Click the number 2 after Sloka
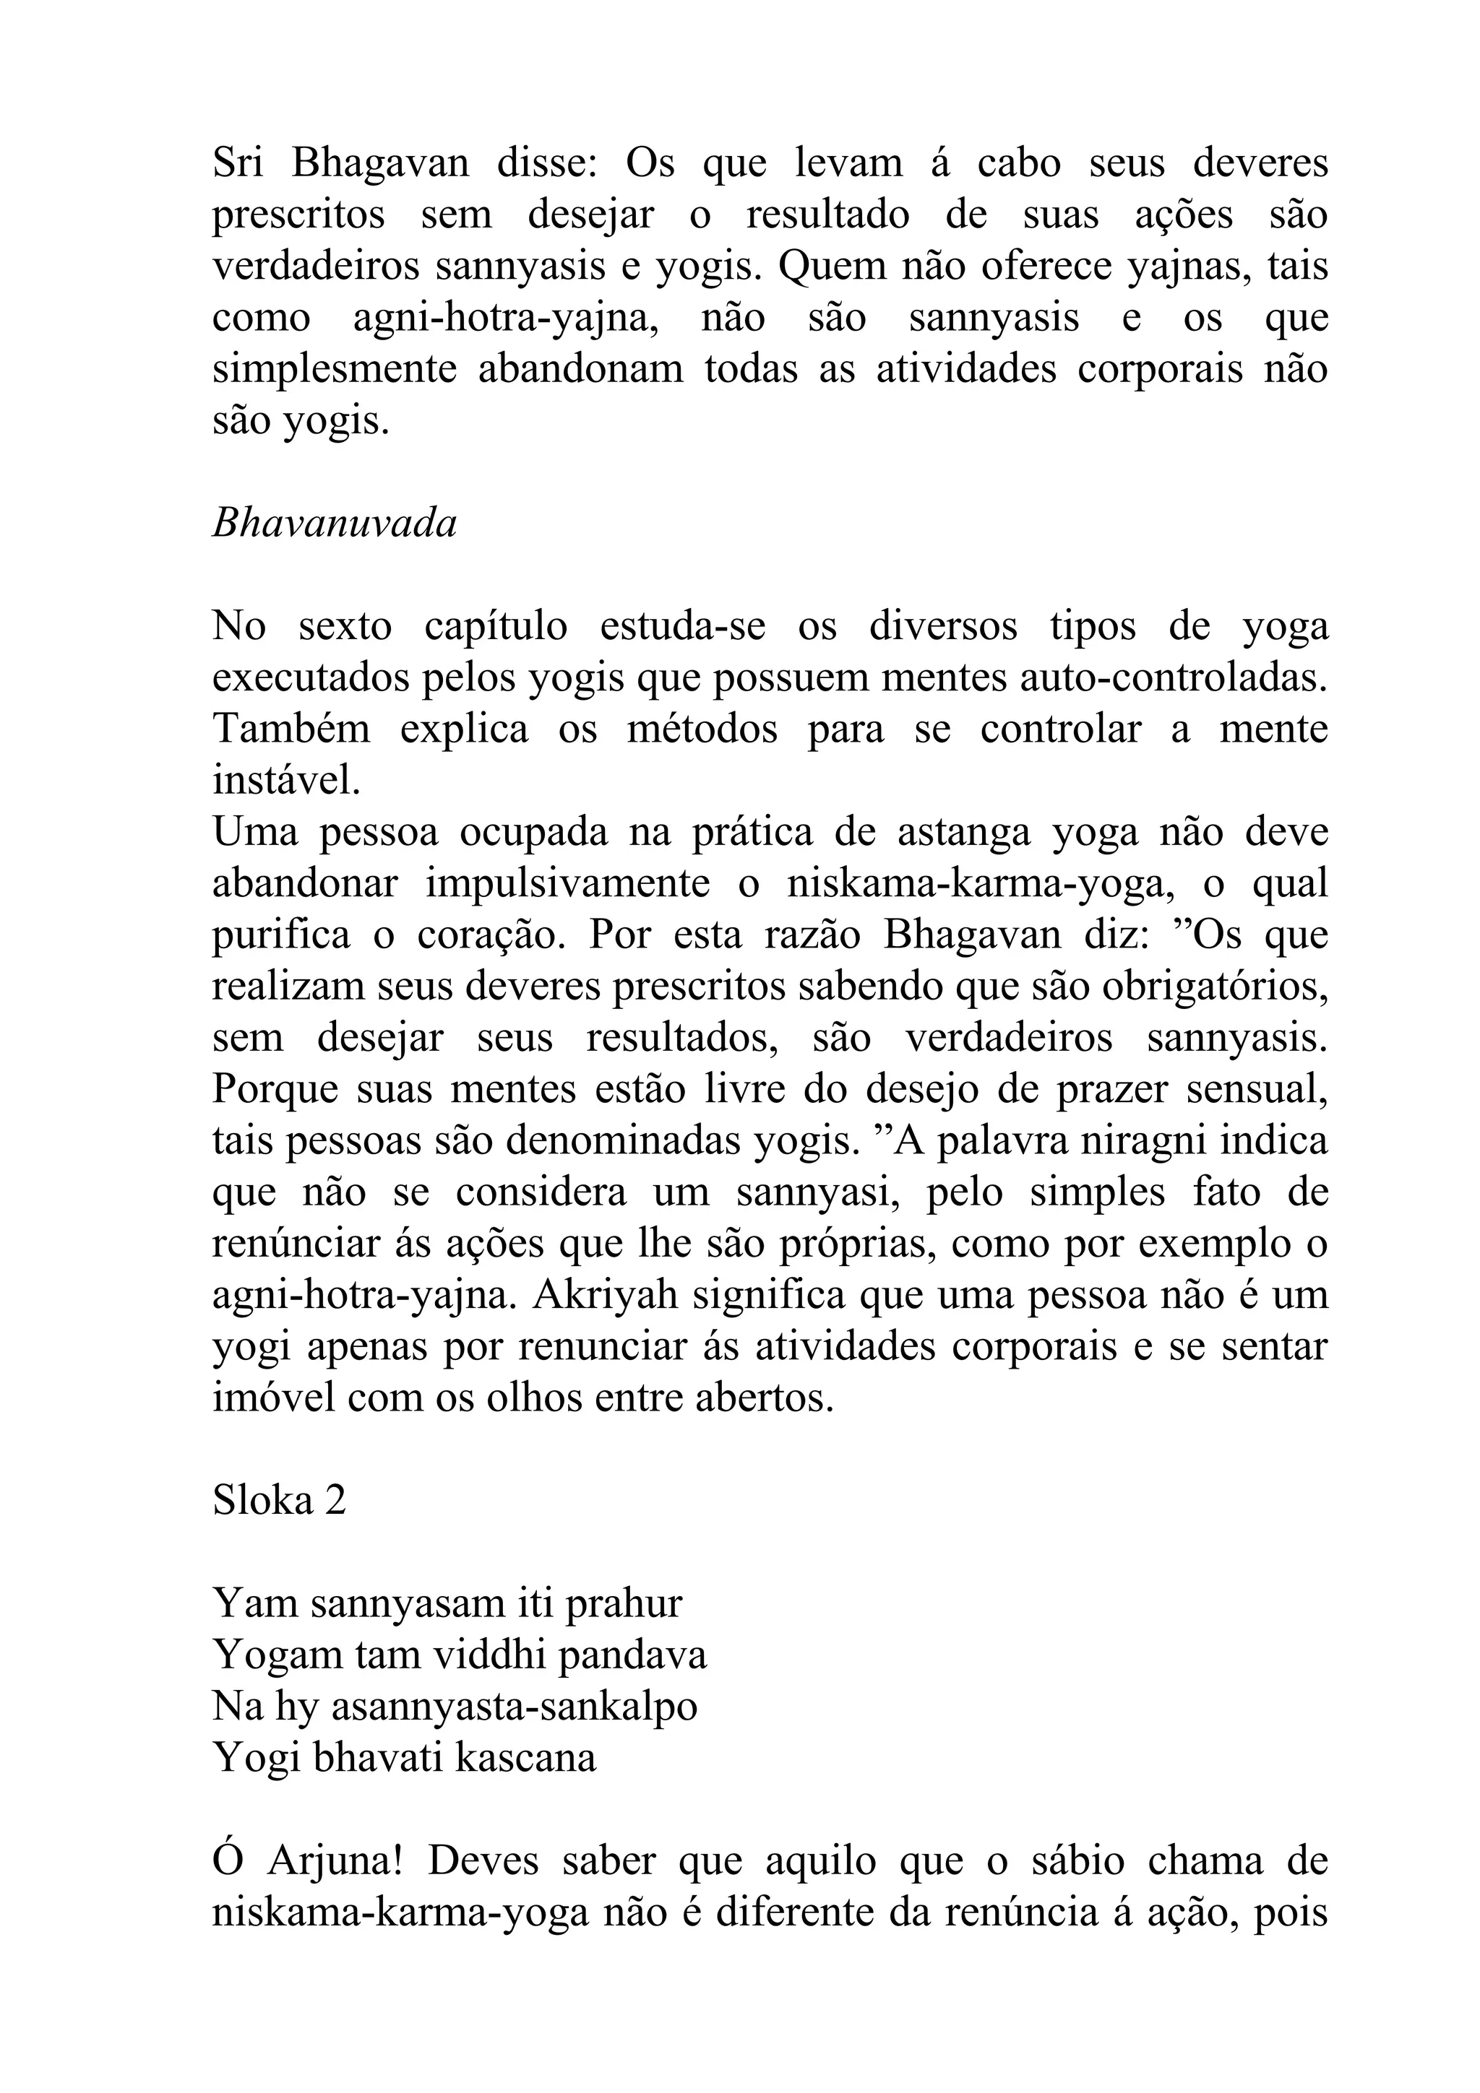[x=335, y=1499]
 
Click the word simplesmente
[x=334, y=370]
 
